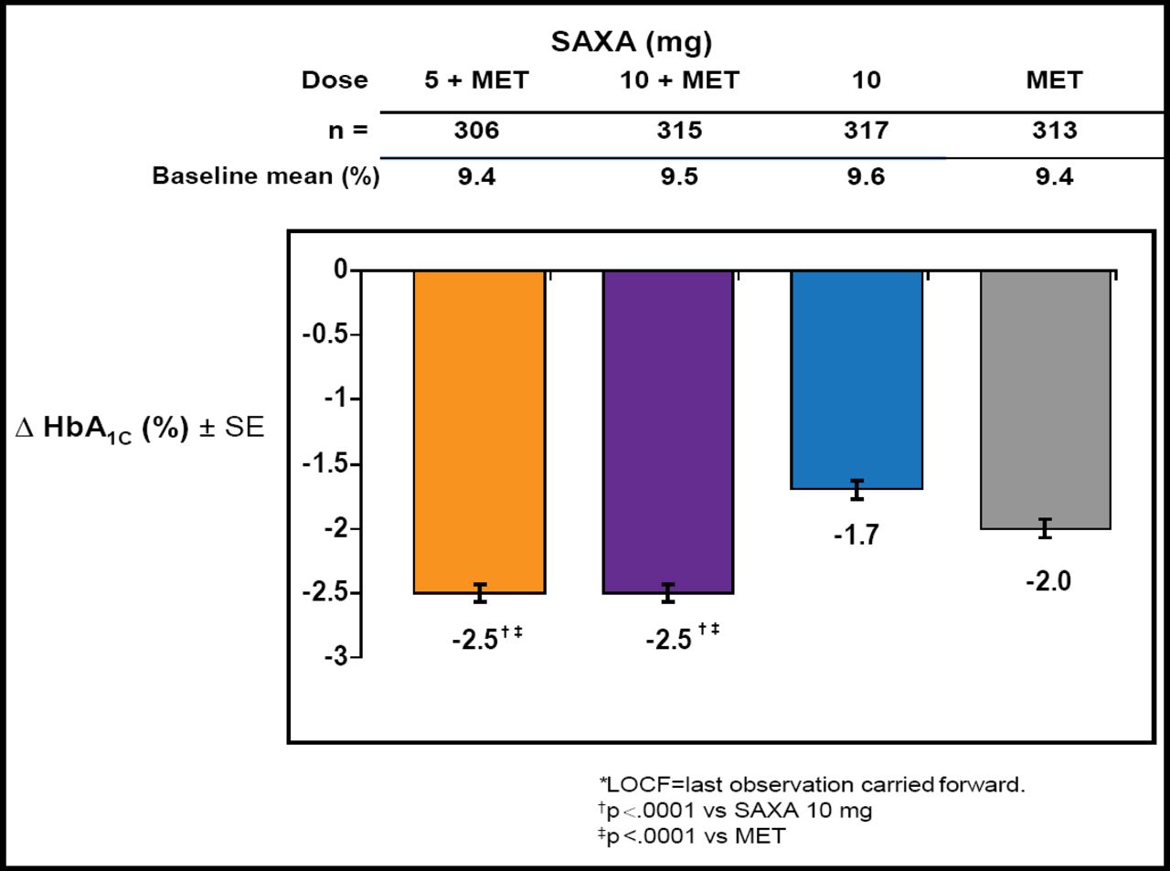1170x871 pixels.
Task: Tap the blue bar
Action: pyautogui.click(x=856, y=379)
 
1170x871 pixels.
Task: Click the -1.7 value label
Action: pyautogui.click(x=856, y=535)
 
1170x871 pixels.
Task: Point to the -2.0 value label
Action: pyautogui.click(x=1048, y=581)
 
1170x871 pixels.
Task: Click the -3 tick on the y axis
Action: pyautogui.click(x=336, y=656)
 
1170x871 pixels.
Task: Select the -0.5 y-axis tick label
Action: pyautogui.click(x=325, y=335)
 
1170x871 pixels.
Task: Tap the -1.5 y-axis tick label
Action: pyautogui.click(x=325, y=464)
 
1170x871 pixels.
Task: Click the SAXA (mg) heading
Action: pyautogui.click(x=631, y=41)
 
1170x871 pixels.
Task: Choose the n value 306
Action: pyautogui.click(x=476, y=131)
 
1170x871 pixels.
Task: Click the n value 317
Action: pyautogui.click(x=866, y=131)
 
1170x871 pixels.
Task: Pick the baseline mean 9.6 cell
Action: pyautogui.click(x=865, y=176)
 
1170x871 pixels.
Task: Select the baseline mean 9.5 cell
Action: pyautogui.click(x=679, y=176)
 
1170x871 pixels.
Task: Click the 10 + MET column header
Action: pyautogui.click(x=679, y=80)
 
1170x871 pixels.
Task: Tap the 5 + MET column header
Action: pyautogui.click(x=476, y=80)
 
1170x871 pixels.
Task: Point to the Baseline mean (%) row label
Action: pyautogui.click(x=265, y=175)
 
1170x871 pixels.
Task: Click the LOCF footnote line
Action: pyautogui.click(x=812, y=784)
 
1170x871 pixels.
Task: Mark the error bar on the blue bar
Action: pyautogui.click(x=856, y=489)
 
